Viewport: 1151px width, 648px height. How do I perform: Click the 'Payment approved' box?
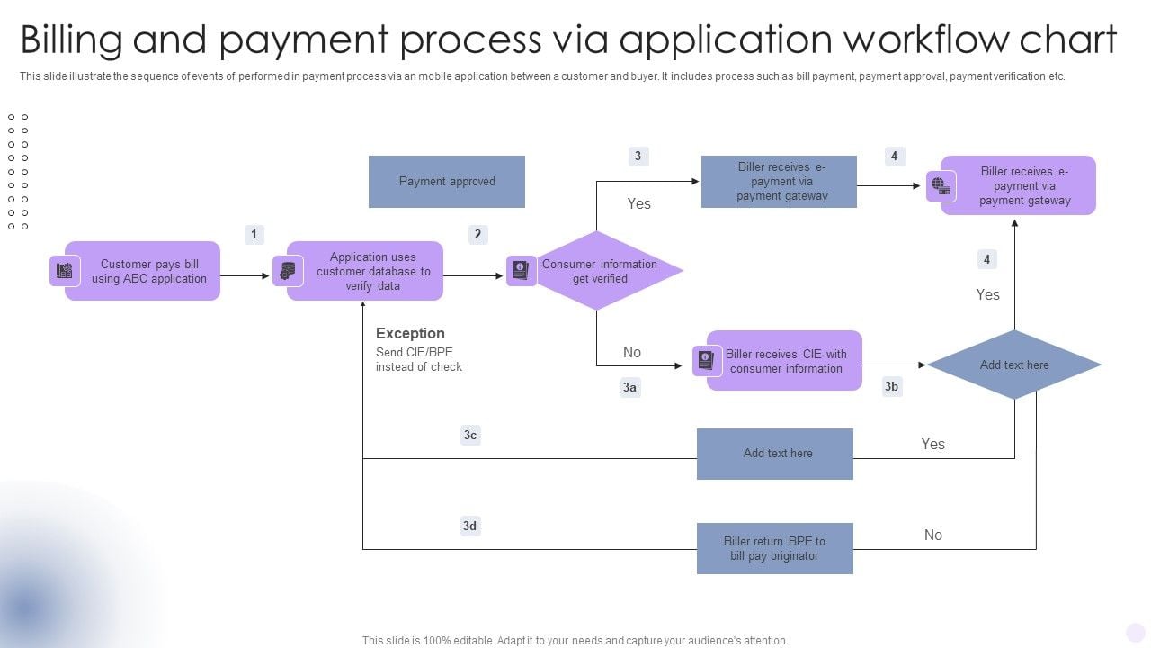(447, 182)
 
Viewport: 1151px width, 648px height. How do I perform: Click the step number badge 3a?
(630, 388)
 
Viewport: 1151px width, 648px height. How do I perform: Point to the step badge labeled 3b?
(891, 387)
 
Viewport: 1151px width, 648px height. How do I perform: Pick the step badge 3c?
(470, 436)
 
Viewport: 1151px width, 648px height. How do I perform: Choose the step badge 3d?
(470, 526)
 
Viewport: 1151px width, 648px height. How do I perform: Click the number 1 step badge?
(254, 235)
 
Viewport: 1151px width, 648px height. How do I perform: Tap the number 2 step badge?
(477, 235)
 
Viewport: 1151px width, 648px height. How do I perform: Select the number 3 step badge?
(638, 157)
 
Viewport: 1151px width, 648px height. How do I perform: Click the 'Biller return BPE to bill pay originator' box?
(774, 549)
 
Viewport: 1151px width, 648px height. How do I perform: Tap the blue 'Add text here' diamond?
(1014, 364)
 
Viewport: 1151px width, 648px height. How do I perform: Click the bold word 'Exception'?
(410, 333)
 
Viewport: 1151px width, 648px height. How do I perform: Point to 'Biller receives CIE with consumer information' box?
(785, 361)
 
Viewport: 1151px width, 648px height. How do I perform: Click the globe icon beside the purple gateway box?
(941, 186)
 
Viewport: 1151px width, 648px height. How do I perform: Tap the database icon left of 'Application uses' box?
(288, 271)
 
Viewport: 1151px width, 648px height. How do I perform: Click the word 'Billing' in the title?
(70, 40)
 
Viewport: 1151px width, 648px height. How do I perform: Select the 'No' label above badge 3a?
(632, 353)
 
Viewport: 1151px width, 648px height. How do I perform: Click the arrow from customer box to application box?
(244, 275)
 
